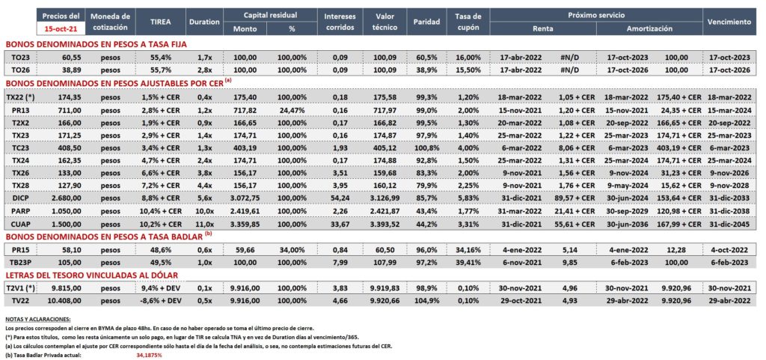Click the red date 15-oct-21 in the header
pyautogui.click(x=61, y=29)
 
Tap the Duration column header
pyautogui.click(x=204, y=22)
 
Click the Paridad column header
pyautogui.click(x=426, y=22)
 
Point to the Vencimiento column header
pyautogui.click(x=729, y=22)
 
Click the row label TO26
pyautogui.click(x=20, y=70)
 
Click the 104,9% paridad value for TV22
pyautogui.click(x=426, y=301)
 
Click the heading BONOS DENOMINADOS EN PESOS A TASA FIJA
pyautogui.click(x=96, y=44)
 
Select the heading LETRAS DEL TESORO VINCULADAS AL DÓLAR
pyautogui.click(x=92, y=275)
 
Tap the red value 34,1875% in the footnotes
pyautogui.click(x=149, y=355)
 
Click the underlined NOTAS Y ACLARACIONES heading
pyautogui.click(x=37, y=319)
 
